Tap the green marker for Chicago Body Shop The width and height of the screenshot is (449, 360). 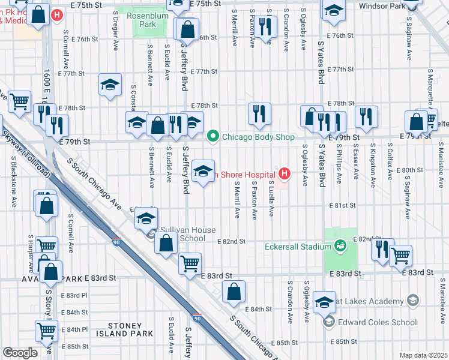(212, 137)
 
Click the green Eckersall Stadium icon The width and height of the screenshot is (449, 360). (340, 246)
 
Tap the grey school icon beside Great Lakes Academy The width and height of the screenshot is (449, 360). (412, 301)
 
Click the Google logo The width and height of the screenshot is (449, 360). (20, 353)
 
